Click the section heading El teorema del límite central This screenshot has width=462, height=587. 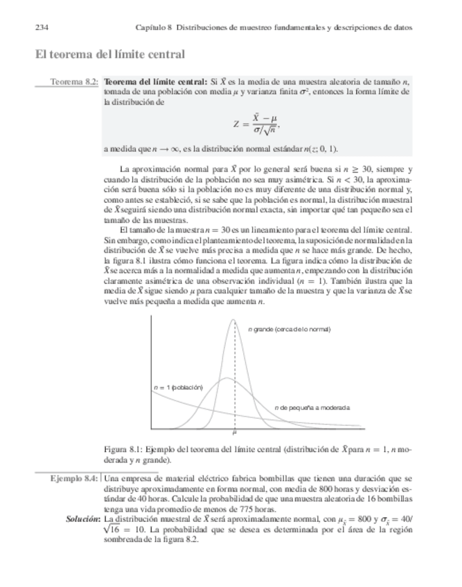[x=109, y=54]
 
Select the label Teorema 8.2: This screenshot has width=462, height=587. [x=73, y=82]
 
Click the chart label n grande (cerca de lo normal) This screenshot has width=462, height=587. [x=289, y=329]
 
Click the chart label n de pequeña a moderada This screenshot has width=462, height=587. [x=312, y=408]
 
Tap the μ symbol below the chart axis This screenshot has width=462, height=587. [x=234, y=434]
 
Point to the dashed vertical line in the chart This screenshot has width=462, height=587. [x=234, y=388]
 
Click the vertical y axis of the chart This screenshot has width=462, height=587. [x=151, y=374]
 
